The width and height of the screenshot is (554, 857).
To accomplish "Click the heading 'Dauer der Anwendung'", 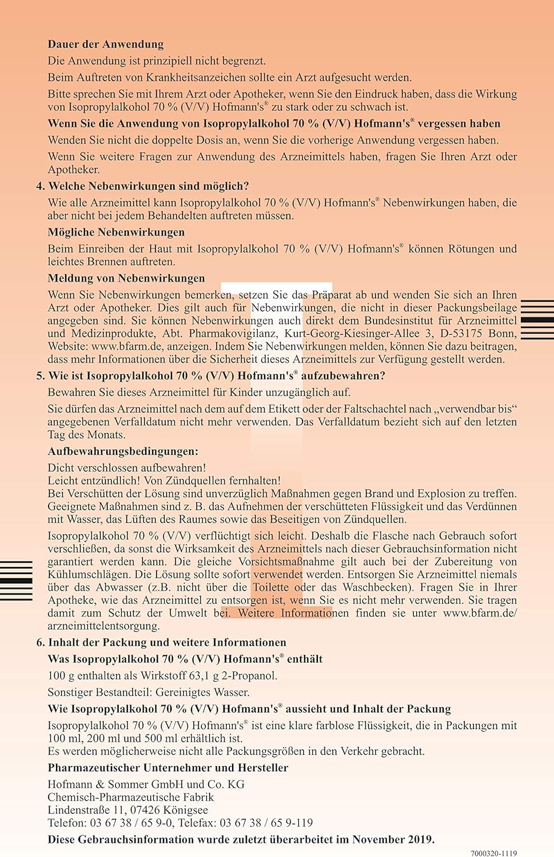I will click(x=105, y=44).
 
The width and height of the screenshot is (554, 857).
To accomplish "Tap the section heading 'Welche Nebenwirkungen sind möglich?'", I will click(x=148, y=186).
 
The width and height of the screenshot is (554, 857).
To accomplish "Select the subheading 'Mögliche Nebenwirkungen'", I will click(x=116, y=232).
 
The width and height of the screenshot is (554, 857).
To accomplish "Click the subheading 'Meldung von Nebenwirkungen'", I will click(x=126, y=278).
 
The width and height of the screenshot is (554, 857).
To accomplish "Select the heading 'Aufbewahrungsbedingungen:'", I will click(x=123, y=451).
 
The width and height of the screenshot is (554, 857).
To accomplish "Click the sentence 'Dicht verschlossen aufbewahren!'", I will click(x=127, y=467).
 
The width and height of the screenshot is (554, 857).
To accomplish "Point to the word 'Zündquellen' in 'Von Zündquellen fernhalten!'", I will click(x=198, y=480).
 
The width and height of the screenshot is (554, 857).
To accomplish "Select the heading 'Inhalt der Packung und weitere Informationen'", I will click(x=167, y=642).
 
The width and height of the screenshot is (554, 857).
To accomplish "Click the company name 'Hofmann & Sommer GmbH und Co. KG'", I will click(x=146, y=784).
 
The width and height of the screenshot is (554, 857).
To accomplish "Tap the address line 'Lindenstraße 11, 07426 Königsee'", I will click(x=127, y=810).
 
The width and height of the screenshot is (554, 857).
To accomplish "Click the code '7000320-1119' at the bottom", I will click(x=493, y=853).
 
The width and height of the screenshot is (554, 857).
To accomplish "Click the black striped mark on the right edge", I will click(x=537, y=320).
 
